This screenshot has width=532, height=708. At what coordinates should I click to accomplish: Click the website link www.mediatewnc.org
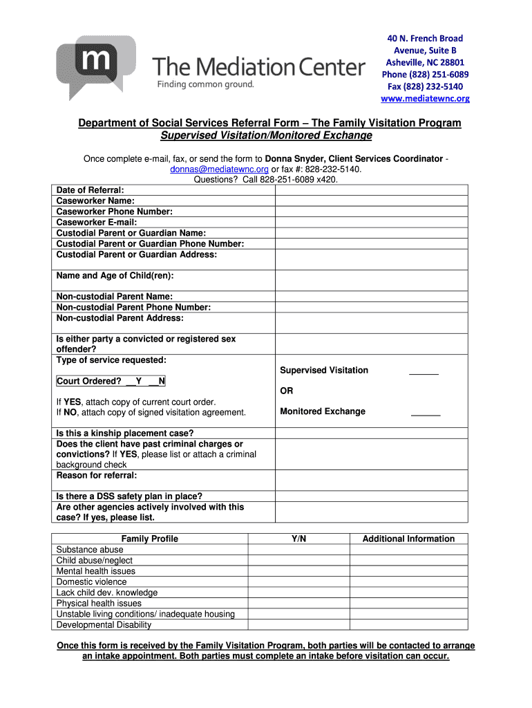[x=425, y=98]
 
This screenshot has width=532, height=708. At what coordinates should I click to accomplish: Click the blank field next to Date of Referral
[x=371, y=190]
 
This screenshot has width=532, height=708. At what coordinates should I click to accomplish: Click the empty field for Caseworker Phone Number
[x=371, y=212]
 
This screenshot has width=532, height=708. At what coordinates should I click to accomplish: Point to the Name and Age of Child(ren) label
[x=115, y=276]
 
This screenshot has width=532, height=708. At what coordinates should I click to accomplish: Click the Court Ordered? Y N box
[x=111, y=381]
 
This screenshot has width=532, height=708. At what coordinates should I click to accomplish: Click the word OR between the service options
[x=286, y=391]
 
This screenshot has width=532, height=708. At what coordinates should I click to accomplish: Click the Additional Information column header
[x=408, y=539]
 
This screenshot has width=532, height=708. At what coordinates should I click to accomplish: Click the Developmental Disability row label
[x=104, y=625]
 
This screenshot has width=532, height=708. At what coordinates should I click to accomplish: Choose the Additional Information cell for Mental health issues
[x=408, y=571]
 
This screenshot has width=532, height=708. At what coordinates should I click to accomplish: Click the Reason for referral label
[x=96, y=476]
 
